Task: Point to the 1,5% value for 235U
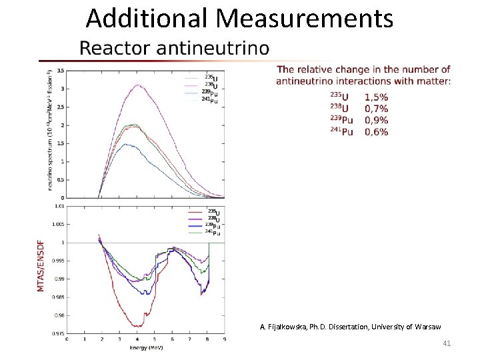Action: [377, 97]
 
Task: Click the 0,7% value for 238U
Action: [377, 109]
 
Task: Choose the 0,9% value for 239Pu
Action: [377, 121]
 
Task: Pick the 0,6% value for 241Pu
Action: [377, 132]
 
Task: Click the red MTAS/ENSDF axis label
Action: [41, 270]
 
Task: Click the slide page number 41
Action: [447, 344]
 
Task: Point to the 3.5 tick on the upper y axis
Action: [60, 71]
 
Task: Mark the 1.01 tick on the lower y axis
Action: [59, 207]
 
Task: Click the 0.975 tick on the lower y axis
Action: [58, 333]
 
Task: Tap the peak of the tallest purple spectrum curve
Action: [138, 85]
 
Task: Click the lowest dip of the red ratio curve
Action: [137, 326]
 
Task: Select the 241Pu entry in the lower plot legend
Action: [213, 233]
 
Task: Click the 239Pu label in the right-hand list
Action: [341, 121]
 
